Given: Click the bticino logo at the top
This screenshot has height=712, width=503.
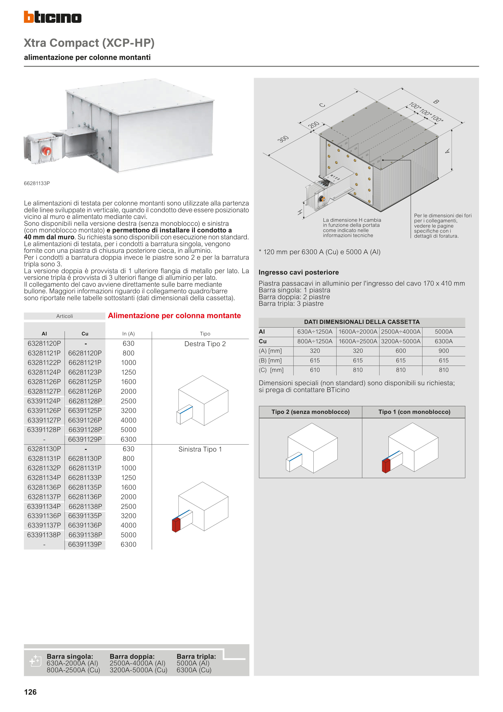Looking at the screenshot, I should coord(53,17).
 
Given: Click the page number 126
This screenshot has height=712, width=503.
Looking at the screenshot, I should coord(30,692).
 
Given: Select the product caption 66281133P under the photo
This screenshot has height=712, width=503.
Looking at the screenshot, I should coord(37,183).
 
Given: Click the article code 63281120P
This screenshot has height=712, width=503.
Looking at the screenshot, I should coord(44,344).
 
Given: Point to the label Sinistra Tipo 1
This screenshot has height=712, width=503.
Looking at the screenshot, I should coord(200,449).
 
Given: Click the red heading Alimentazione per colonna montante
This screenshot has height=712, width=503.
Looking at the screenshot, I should coord(174,316).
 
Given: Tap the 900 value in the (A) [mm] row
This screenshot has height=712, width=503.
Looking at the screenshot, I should coord(444,351).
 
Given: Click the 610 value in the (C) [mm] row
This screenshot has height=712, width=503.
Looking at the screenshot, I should coord(315,370).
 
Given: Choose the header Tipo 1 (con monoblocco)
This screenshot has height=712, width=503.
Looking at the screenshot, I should coord(414,412).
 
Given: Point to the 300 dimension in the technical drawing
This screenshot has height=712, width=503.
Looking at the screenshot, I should coord(283,139).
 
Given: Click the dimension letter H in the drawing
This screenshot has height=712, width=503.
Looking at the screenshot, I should coord(300,212).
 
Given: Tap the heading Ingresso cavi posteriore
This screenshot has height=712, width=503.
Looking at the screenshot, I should coord(299,272).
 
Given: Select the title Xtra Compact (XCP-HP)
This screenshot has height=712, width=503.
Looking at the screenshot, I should coord(89,43).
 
